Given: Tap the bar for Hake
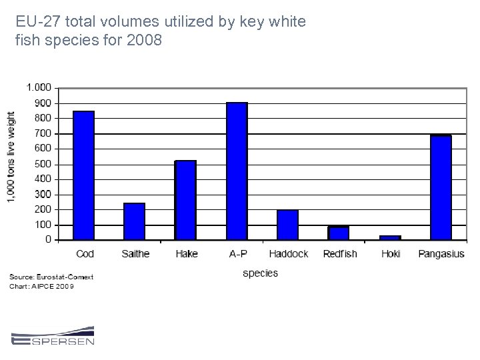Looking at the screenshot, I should click(x=185, y=199).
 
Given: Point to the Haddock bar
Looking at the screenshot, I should click(x=287, y=225).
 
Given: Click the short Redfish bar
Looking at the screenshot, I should click(x=339, y=233).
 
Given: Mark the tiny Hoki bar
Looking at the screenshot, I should click(x=390, y=237).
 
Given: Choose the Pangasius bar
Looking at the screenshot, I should click(x=441, y=187).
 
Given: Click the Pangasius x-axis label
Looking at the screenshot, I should click(x=441, y=253).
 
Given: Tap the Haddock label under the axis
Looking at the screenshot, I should click(x=289, y=253).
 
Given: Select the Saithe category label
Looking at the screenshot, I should click(x=136, y=253).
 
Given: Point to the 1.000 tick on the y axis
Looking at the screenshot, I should click(x=38, y=87).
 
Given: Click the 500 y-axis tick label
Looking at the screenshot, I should click(x=43, y=164).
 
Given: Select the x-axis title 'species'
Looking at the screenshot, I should click(x=260, y=273).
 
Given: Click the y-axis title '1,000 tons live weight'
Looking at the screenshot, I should click(x=12, y=157).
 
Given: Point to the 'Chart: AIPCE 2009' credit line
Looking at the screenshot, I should click(x=42, y=286).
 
